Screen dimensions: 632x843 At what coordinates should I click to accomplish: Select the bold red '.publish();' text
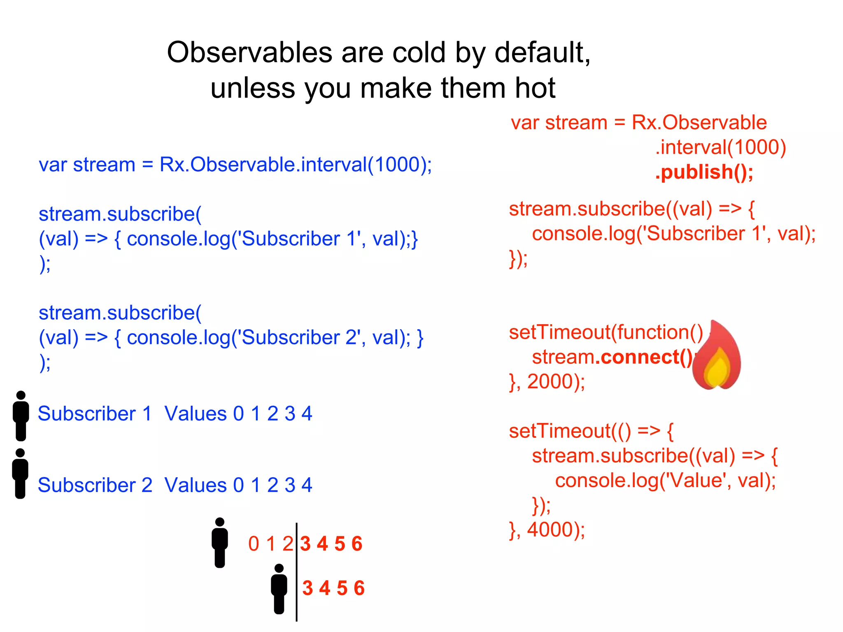(704, 172)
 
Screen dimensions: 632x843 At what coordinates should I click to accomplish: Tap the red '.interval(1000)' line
(720, 147)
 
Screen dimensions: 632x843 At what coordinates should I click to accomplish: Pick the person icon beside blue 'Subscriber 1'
(21, 416)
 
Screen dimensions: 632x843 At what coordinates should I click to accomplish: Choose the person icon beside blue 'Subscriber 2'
(20, 473)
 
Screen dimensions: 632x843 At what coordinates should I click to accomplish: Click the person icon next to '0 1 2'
(220, 542)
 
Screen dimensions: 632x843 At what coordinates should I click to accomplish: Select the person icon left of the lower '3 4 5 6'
(279, 588)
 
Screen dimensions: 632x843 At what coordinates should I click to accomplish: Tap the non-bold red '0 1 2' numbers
(270, 544)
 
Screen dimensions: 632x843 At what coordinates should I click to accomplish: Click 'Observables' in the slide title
(249, 53)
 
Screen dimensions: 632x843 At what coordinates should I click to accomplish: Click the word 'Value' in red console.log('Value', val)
(696, 480)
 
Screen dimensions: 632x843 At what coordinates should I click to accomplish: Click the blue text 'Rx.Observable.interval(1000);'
(296, 165)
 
